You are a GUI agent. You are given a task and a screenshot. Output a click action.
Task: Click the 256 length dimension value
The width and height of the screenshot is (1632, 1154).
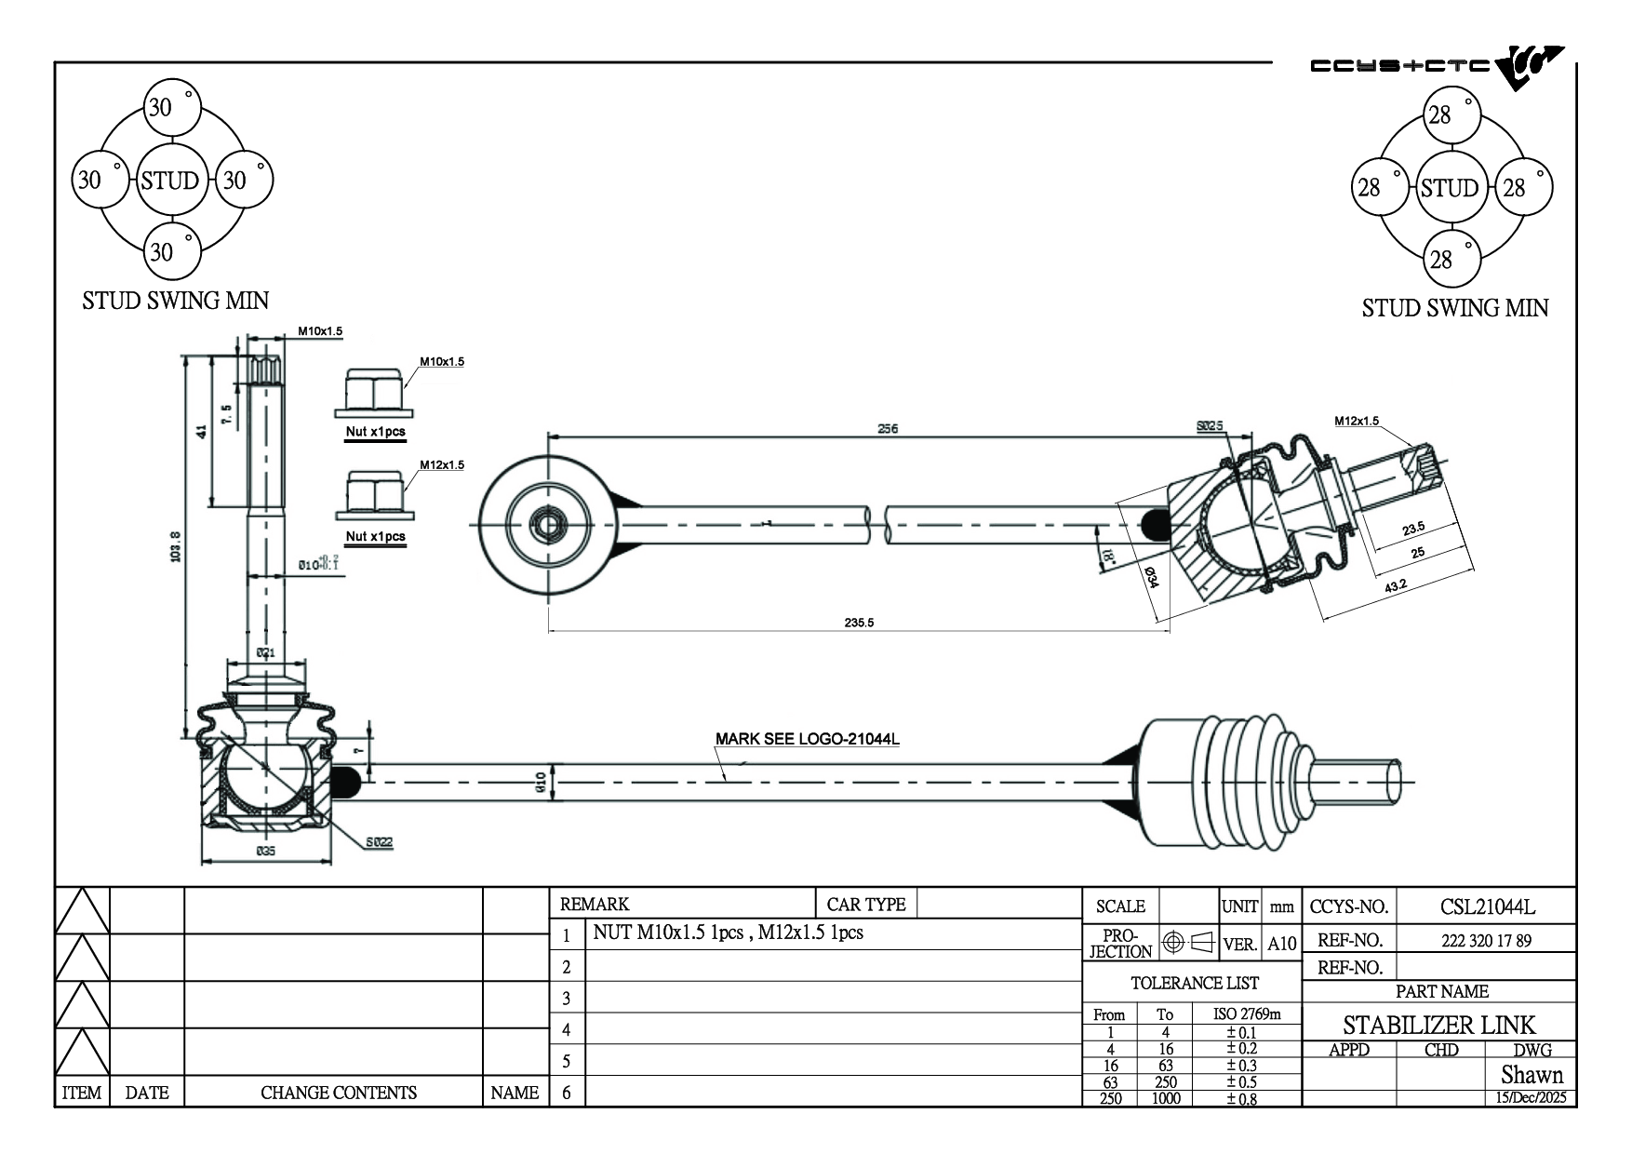(888, 429)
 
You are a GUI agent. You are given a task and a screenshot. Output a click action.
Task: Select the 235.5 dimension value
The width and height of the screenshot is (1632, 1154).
(858, 623)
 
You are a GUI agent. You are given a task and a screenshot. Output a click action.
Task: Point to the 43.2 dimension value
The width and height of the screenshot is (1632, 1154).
(1395, 585)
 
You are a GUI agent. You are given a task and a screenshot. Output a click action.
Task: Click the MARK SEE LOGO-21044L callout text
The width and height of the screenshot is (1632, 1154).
(807, 740)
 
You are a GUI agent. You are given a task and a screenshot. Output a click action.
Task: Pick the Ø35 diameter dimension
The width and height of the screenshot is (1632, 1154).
(265, 851)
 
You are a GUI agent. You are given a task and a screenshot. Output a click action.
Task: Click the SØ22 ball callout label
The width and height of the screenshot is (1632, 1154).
(379, 842)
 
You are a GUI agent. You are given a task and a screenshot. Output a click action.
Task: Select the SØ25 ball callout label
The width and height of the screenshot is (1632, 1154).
(1209, 426)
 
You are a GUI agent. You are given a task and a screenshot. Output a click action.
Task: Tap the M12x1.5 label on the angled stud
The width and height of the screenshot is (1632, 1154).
(1357, 421)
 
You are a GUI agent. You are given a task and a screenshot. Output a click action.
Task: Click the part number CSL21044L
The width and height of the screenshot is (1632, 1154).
(1487, 906)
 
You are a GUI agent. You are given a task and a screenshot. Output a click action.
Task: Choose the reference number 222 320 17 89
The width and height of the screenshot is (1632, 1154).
(1486, 940)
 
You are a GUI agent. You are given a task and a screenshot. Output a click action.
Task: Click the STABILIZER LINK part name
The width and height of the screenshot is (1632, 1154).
(1438, 1025)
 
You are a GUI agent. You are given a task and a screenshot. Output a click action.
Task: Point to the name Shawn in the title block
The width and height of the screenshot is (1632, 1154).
(1532, 1075)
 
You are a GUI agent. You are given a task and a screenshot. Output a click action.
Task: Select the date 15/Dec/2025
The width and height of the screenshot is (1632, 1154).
(1531, 1097)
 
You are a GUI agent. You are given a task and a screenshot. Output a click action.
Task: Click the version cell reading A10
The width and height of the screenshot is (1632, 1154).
(1281, 944)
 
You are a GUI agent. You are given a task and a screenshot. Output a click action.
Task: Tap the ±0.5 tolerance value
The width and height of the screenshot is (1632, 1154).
(1241, 1081)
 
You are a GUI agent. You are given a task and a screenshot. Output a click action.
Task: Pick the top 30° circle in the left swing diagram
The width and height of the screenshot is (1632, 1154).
(172, 107)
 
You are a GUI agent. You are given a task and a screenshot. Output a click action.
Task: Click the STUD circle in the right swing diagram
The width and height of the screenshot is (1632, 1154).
(1449, 188)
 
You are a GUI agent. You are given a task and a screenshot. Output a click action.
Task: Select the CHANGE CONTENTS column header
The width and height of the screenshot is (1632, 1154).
(339, 1093)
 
